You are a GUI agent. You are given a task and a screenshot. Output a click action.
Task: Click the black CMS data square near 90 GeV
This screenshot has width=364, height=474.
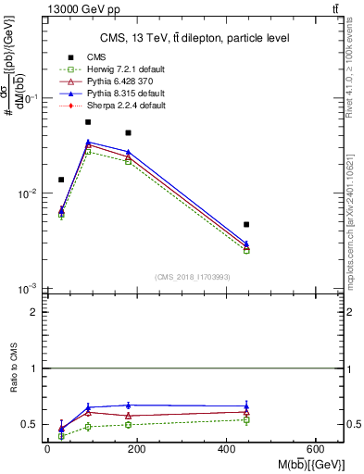[88, 122]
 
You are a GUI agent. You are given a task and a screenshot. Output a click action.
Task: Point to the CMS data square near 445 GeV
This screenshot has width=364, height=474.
[246, 224]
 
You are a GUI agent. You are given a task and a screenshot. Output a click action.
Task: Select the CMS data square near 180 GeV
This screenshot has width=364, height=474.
[129, 133]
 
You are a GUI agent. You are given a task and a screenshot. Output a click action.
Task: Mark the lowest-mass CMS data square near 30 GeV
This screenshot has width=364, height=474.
[61, 180]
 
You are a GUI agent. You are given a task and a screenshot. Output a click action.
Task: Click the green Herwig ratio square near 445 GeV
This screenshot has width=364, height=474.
[246, 419]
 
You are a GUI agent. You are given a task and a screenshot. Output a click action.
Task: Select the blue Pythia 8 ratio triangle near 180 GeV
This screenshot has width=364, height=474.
[129, 405]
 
